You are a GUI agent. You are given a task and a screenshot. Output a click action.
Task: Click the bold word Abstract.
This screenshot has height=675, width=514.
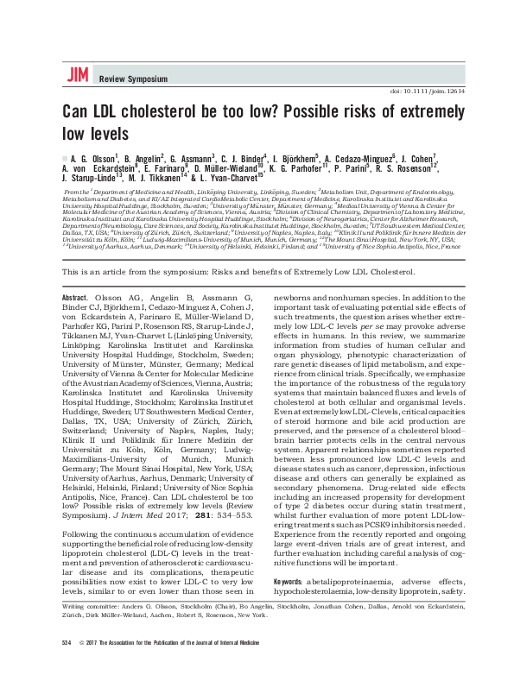75,297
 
